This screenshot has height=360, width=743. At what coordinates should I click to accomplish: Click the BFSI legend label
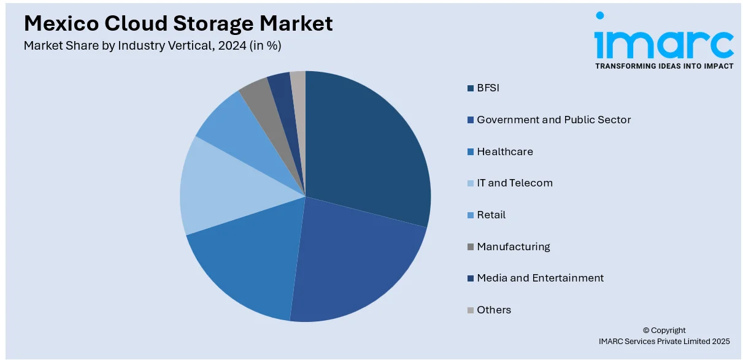pos(488,88)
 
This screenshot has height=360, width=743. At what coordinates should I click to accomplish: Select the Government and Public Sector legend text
pos(553,120)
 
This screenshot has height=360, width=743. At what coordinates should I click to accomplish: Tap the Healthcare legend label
pos(504,151)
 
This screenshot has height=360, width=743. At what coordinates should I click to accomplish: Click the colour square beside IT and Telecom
pos(471,183)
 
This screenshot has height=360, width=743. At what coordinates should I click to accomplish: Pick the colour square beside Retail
pos(471,215)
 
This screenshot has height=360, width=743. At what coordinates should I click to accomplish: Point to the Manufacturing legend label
pos(513,247)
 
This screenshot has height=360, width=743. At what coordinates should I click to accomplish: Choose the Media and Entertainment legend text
pos(540,278)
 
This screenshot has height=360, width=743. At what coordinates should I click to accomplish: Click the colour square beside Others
pos(471,310)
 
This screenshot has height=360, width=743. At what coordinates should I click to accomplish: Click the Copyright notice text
pos(664,330)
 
